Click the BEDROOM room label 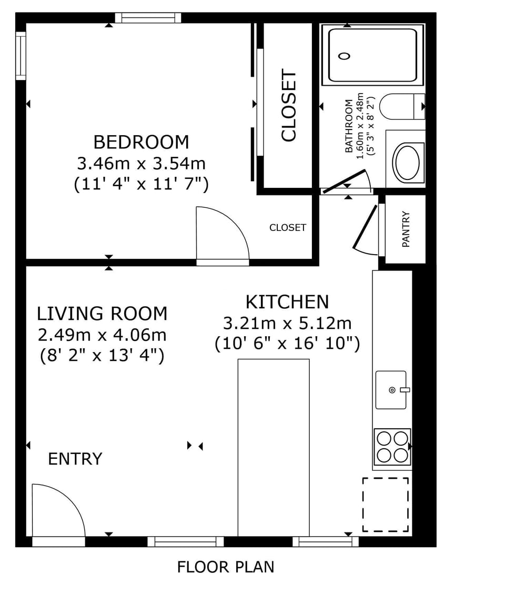click(141, 142)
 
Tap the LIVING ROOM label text click(102, 314)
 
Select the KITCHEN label click(287, 302)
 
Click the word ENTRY click(75, 459)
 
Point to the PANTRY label click(406, 229)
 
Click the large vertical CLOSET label click(289, 106)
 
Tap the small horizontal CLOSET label click(287, 228)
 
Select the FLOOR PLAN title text click(226, 567)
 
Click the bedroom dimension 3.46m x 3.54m click(141, 164)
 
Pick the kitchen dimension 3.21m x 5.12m click(287, 323)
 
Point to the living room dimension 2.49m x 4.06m click(102, 335)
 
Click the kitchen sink click(391, 390)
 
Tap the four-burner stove click(392, 447)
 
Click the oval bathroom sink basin click(407, 163)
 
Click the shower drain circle click(345, 56)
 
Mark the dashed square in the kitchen click(386, 505)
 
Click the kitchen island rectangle click(274, 447)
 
